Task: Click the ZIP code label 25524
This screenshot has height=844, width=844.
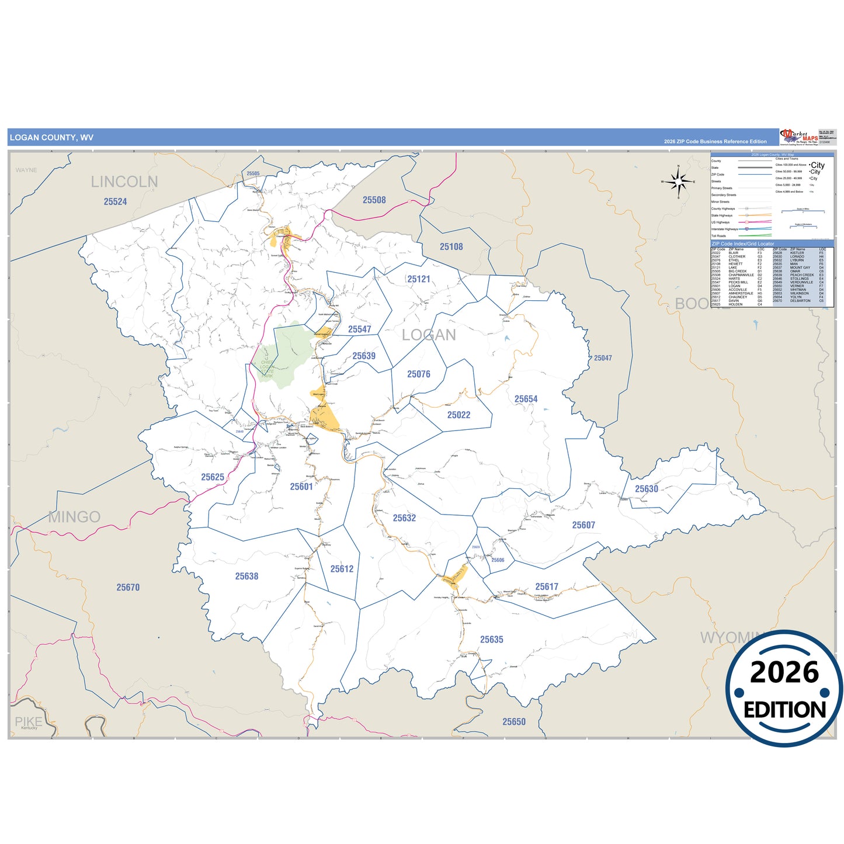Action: pyautogui.click(x=115, y=202)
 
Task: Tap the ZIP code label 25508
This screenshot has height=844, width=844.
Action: pyautogui.click(x=374, y=200)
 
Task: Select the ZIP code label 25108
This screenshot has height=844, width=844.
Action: pyautogui.click(x=451, y=246)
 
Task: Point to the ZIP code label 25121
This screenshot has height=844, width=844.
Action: pyautogui.click(x=418, y=279)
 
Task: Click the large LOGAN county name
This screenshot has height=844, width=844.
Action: pyautogui.click(x=429, y=335)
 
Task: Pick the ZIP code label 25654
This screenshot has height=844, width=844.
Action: pyautogui.click(x=526, y=399)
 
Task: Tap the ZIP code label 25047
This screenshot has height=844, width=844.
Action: pyautogui.click(x=603, y=357)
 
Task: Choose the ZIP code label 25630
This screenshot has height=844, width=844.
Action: pyautogui.click(x=646, y=489)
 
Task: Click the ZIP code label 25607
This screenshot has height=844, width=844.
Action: pyautogui.click(x=583, y=525)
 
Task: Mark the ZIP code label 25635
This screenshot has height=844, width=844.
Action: pyautogui.click(x=491, y=640)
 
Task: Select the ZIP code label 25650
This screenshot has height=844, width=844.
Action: pyautogui.click(x=514, y=722)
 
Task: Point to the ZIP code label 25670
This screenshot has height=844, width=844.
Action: pyautogui.click(x=128, y=588)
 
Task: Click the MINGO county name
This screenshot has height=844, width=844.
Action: pyautogui.click(x=75, y=517)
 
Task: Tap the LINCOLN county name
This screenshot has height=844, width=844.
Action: pyautogui.click(x=124, y=182)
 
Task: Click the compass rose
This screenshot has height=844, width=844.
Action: pyautogui.click(x=678, y=182)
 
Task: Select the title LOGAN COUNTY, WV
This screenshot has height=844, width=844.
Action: pyautogui.click(x=51, y=138)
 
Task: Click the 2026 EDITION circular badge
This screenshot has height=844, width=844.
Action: pyautogui.click(x=784, y=689)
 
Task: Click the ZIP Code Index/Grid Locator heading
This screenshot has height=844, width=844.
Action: pyautogui.click(x=742, y=244)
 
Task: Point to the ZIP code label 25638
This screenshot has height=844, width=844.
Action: pyautogui.click(x=246, y=576)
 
